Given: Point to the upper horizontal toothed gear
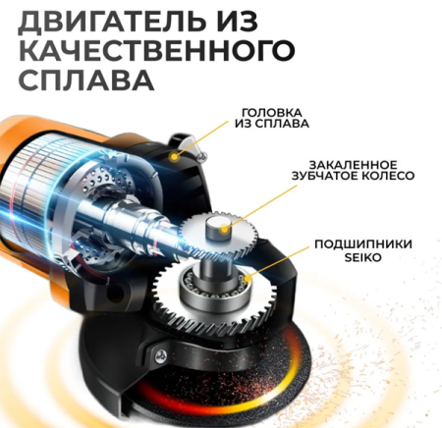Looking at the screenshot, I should (218, 236).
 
